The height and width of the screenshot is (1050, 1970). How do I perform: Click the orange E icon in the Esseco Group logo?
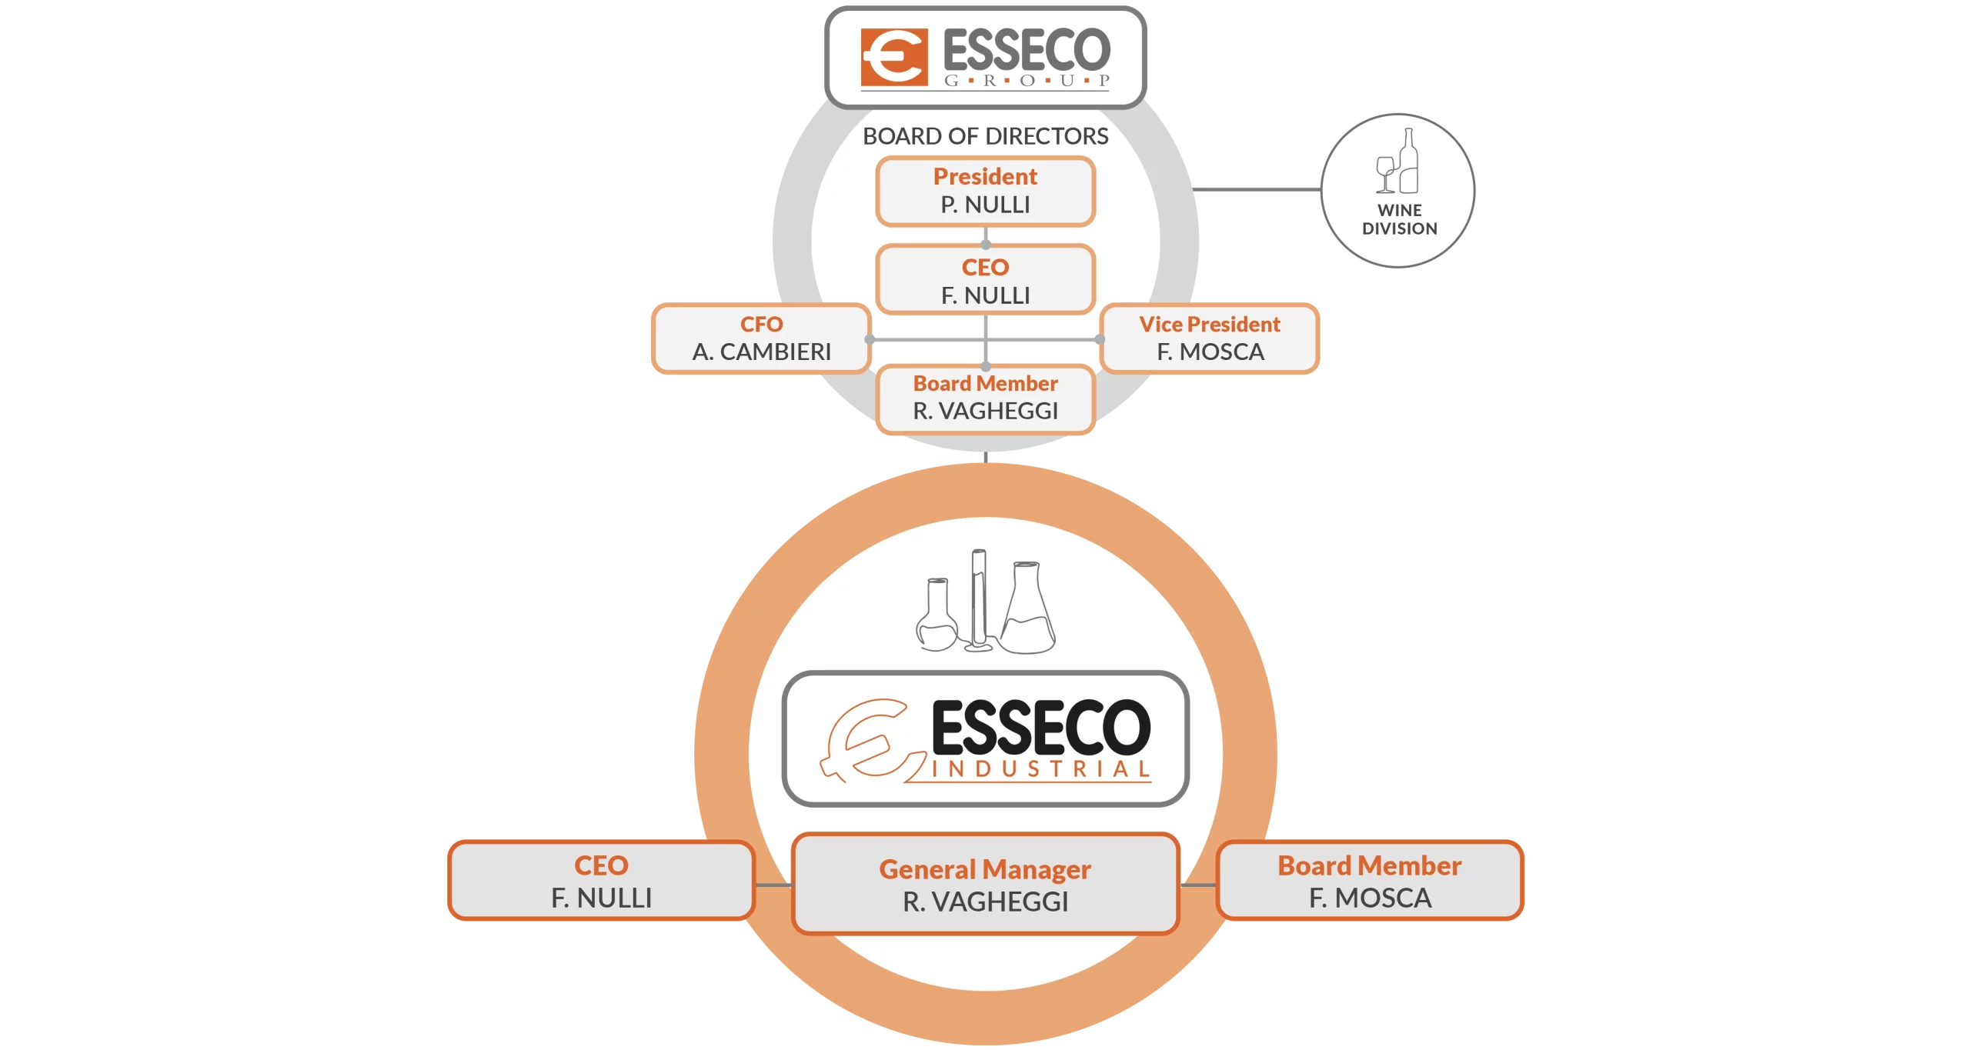(x=893, y=58)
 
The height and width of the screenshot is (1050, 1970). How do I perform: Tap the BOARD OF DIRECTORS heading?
(x=985, y=136)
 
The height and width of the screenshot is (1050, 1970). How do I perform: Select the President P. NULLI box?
(x=985, y=191)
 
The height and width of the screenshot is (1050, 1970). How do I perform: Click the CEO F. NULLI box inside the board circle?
(x=985, y=281)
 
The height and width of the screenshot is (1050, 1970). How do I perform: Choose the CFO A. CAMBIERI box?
(x=761, y=338)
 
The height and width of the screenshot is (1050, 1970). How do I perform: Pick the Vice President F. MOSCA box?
(x=1210, y=338)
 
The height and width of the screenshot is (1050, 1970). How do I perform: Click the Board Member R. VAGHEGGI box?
(x=985, y=398)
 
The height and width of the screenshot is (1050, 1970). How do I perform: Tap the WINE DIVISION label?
(x=1399, y=219)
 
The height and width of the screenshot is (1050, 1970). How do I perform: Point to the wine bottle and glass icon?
(x=1398, y=162)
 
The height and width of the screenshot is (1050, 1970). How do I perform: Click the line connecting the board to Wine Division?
(x=1258, y=190)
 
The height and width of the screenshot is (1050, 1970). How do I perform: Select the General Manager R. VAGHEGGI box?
(x=985, y=885)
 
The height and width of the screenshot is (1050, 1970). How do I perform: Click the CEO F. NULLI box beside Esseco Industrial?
(x=601, y=882)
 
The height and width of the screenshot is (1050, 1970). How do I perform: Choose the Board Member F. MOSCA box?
(x=1370, y=882)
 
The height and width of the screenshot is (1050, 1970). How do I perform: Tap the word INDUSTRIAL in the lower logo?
(x=1040, y=769)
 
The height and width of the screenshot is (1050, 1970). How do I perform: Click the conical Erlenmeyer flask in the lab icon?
(x=1027, y=612)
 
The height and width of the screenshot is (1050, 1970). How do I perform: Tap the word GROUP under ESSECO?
(x=1027, y=80)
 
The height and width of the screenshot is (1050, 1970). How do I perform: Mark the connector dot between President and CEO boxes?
(x=986, y=244)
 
